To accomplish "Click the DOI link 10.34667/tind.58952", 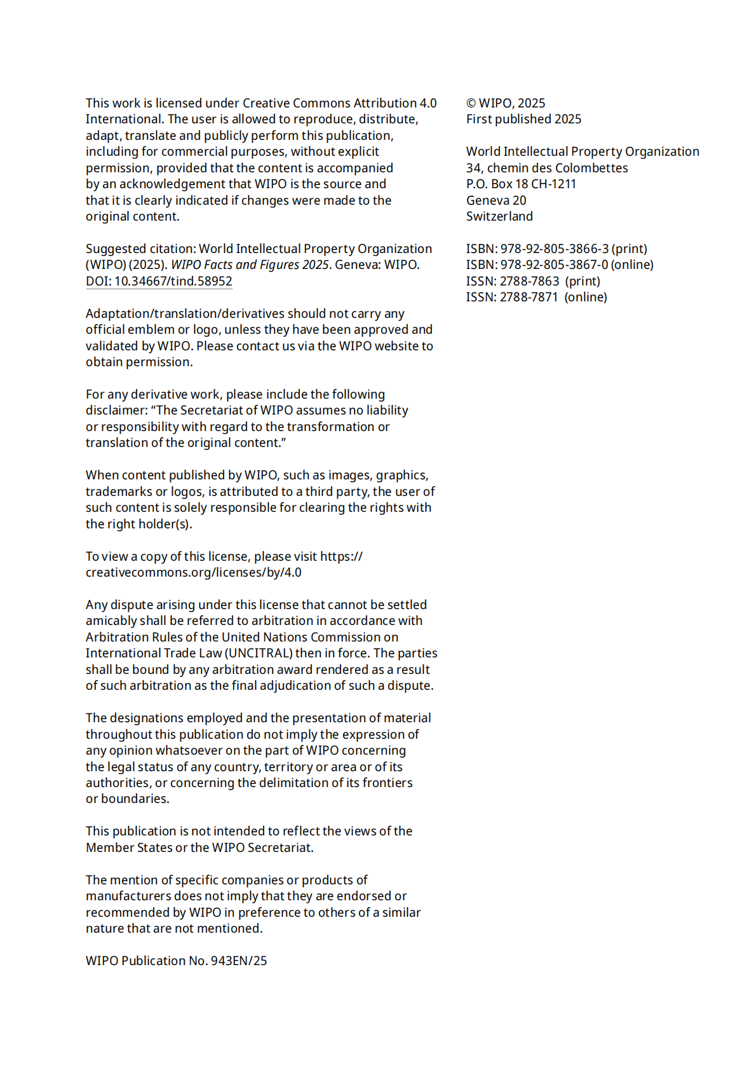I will pos(159,281).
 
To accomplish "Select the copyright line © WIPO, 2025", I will pos(505,103).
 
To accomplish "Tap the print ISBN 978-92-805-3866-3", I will pos(554,249).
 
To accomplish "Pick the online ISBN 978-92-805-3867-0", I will pos(554,264).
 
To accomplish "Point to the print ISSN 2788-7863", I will pos(530,281).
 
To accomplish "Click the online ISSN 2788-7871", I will pos(529,297).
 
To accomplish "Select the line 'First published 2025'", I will pos(523,119).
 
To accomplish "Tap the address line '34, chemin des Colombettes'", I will pos(546,168).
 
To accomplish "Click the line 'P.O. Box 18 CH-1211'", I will pos(521,184).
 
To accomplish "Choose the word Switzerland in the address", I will pos(499,216).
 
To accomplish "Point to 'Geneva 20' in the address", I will pos(496,200).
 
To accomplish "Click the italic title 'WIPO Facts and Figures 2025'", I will pos(250,264).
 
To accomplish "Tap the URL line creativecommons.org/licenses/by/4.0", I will pos(193,572).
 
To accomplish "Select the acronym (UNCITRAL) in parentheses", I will pos(259,653).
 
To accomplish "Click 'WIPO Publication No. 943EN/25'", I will pos(176,961).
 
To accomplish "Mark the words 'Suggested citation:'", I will pos(140,249).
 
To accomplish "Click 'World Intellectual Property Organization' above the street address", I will pos(582,151).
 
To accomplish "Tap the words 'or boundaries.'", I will pos(127,799).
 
